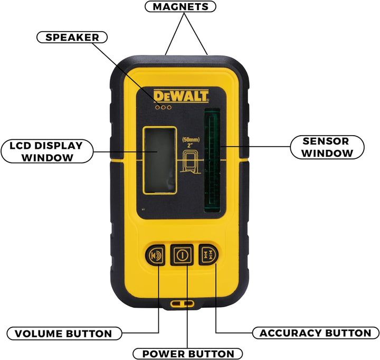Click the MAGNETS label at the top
tap(180, 6)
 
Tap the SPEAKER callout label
tap(72, 37)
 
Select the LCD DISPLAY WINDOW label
tap(47, 151)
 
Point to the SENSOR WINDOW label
tap(327, 147)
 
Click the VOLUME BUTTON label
tap(64, 333)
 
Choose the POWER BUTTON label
tap(188, 354)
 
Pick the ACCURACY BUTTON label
tap(316, 333)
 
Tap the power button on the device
tap(182, 255)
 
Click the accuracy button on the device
tap(208, 254)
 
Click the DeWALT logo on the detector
tap(181, 96)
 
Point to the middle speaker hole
tap(163, 107)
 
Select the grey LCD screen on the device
tap(160, 160)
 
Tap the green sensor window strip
tap(212, 160)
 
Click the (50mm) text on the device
tap(191, 140)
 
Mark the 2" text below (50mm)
tap(190, 146)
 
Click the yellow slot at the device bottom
tap(182, 304)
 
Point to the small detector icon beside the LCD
tap(190, 162)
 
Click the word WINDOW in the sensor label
tap(327, 153)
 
